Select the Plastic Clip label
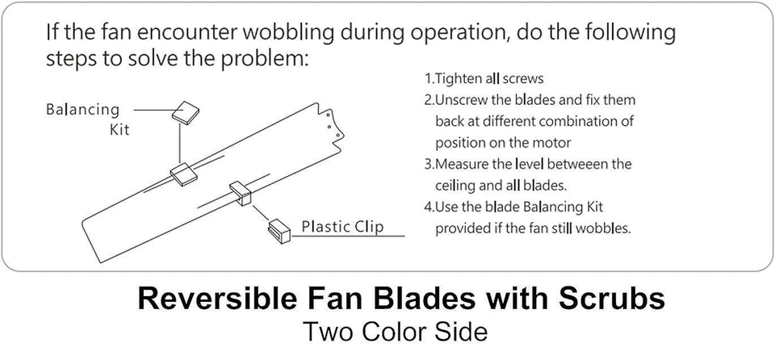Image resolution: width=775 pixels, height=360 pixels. [343, 226]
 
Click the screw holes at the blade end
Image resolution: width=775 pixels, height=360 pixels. [329, 121]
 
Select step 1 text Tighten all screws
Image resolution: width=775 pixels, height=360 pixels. [484, 79]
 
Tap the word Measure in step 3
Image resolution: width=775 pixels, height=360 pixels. [466, 164]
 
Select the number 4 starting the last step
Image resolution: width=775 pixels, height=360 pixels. [429, 207]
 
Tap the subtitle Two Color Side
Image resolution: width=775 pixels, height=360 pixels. [395, 332]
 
